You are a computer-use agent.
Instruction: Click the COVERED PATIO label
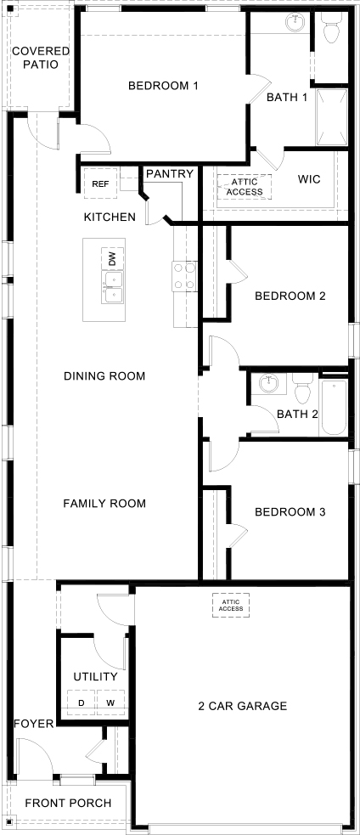pos(41,57)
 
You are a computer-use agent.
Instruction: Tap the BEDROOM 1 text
pos(163,86)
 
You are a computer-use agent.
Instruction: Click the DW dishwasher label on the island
pos(111,257)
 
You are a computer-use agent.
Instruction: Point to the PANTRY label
pos(170,173)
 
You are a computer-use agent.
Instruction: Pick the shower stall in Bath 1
pos(331,117)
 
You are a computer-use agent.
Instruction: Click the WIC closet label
pos(308,179)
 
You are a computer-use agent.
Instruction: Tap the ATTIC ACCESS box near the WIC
pos(245,186)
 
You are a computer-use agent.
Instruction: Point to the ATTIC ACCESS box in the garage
pos(230,605)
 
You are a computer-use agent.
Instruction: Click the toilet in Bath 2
pos(302,391)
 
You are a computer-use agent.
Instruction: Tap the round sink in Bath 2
pos(269,385)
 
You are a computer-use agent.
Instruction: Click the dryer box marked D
pos(82,703)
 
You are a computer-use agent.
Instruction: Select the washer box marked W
pos(110,703)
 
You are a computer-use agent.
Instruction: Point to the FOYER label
pos(34,724)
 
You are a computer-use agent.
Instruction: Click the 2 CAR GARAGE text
pos(242,706)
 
